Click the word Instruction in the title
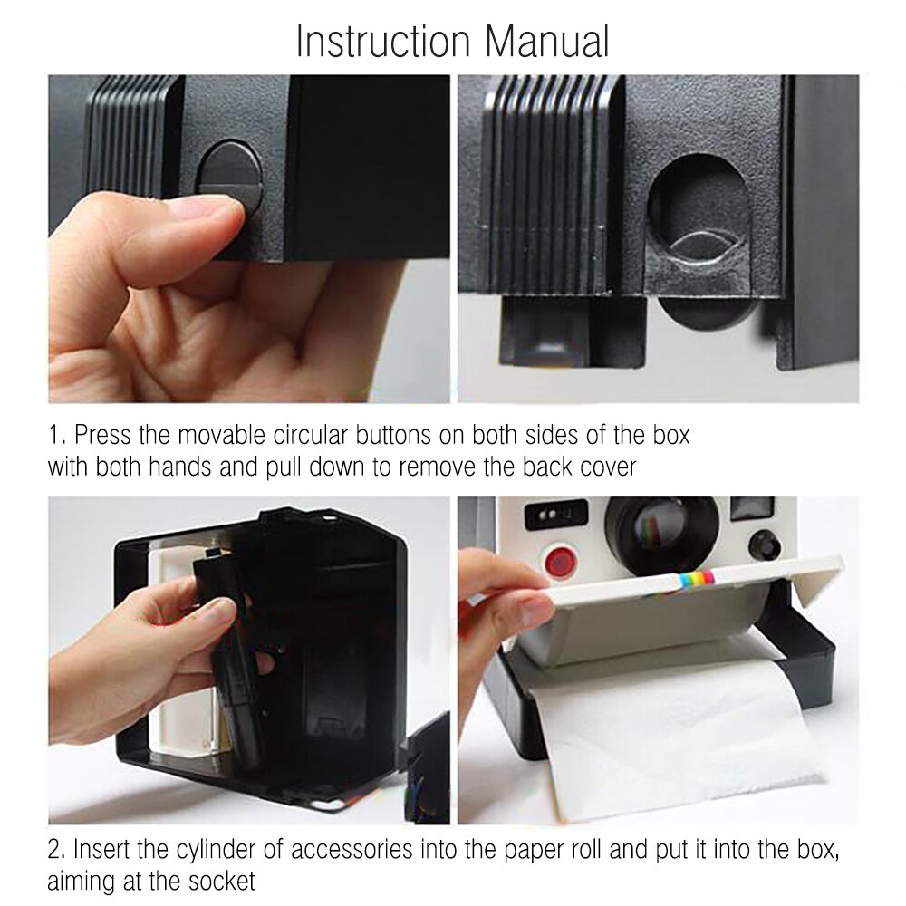pos(383,42)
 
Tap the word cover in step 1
pos(609,467)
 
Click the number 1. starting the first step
pos(56,435)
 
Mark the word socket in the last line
pos(227,881)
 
